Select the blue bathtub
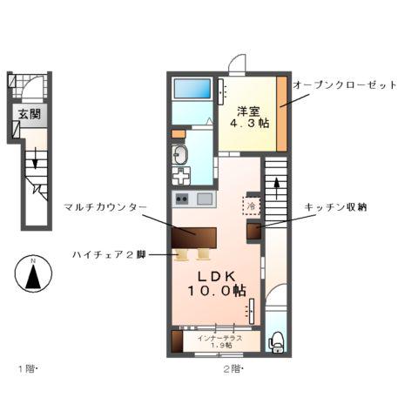click(x=192, y=89)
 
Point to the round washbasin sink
click(x=182, y=156)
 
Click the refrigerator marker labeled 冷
click(x=251, y=207)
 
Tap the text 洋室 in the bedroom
click(x=248, y=111)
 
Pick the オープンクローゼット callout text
click(x=345, y=84)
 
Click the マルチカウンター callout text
click(x=104, y=206)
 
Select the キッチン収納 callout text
click(x=335, y=206)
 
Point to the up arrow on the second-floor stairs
click(x=276, y=185)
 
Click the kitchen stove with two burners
click(x=183, y=199)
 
